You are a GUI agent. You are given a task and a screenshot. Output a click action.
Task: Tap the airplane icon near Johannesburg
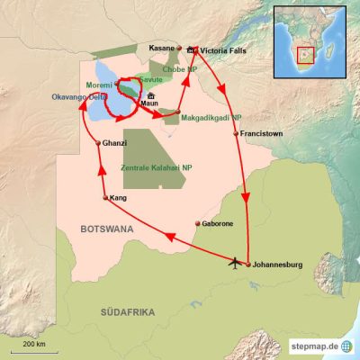[237, 263]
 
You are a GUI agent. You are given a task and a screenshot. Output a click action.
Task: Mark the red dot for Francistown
[237, 134]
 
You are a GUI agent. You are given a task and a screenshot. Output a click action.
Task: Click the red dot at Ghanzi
[97, 143]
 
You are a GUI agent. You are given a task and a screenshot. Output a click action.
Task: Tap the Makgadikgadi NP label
[210, 117]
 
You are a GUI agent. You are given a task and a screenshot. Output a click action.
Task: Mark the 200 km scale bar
[35, 349]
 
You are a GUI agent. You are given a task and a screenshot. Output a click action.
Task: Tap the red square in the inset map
[307, 57]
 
